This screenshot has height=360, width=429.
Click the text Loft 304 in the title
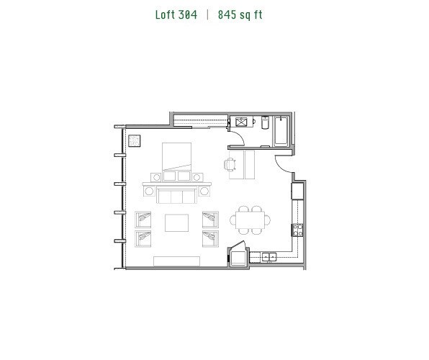[176, 14]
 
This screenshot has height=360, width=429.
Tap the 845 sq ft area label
[240, 14]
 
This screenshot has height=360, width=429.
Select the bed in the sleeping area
[177, 160]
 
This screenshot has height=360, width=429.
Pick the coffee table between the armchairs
[177, 222]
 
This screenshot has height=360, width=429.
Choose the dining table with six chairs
[251, 219]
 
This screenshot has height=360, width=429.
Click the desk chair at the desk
[230, 165]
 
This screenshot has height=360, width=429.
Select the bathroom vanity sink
[242, 122]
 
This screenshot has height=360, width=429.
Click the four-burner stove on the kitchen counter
[295, 230]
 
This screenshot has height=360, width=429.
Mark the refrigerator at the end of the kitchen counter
[297, 191]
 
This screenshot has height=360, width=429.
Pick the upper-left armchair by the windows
[144, 218]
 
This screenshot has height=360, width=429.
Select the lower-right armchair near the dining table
[210, 238]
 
